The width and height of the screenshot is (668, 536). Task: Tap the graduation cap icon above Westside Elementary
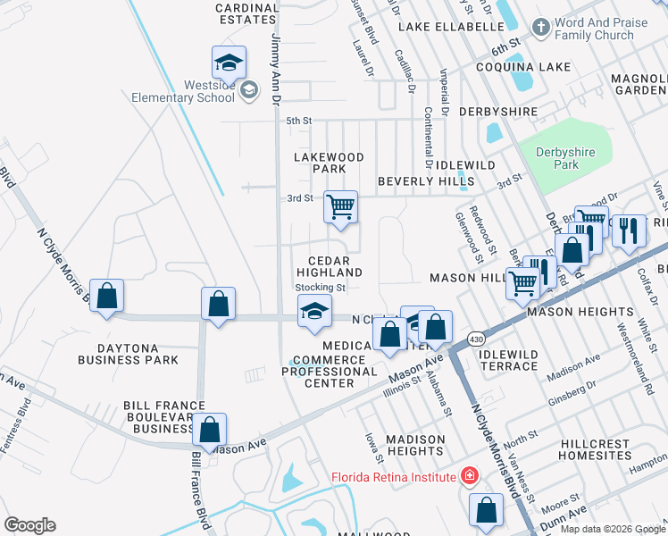[229, 63]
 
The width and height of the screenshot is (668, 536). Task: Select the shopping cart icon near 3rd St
[340, 207]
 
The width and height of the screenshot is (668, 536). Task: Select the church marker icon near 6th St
[540, 28]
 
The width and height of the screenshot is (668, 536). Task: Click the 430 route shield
[474, 339]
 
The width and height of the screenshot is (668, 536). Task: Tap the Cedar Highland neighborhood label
[330, 265]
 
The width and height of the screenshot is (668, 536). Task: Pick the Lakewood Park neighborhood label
[330, 162]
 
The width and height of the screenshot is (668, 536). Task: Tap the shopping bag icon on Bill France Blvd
[209, 430]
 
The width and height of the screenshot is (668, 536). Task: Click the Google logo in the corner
[30, 525]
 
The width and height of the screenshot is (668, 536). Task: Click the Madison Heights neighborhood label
[415, 445]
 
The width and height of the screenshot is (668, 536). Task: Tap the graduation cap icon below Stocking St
[313, 311]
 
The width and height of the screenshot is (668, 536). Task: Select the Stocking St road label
[321, 288]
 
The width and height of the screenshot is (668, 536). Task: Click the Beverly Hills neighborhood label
[426, 180]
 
